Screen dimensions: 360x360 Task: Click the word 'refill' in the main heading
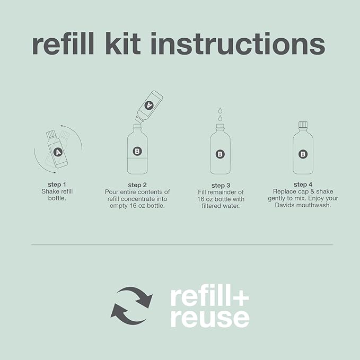click(x=63, y=43)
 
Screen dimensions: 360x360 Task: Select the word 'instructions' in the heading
click(x=238, y=43)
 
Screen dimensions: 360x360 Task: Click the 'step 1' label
click(x=57, y=185)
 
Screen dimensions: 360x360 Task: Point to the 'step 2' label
click(x=137, y=185)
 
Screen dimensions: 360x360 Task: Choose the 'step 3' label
click(x=221, y=185)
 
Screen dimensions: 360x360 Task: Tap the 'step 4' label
click(x=303, y=185)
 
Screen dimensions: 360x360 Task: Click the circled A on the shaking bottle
click(x=58, y=152)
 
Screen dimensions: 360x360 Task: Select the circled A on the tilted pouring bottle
click(x=149, y=105)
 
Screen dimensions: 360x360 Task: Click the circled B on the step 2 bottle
click(x=137, y=151)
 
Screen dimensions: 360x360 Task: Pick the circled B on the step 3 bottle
click(x=220, y=154)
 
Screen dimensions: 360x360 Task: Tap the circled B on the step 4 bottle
click(x=303, y=154)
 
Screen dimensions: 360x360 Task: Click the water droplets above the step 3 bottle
click(x=220, y=114)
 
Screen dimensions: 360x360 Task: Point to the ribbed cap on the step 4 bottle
click(x=303, y=125)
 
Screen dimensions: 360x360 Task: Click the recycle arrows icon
click(x=131, y=305)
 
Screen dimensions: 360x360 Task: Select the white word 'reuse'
click(x=210, y=319)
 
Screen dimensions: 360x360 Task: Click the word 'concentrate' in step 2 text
click(x=137, y=199)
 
